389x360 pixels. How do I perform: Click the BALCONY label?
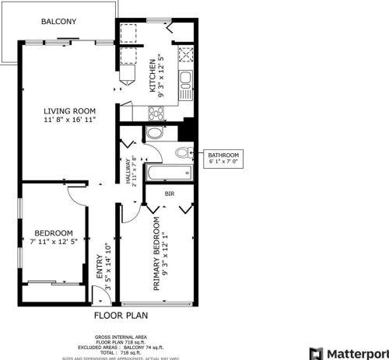(58, 22)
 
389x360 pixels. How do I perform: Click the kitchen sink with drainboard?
(187, 78)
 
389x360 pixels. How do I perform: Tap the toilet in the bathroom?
(183, 152)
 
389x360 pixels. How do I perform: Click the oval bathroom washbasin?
(154, 133)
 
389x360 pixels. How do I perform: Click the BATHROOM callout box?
(224, 159)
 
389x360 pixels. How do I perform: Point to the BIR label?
(170, 194)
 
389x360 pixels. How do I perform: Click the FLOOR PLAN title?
(121, 316)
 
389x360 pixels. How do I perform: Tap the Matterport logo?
(348, 351)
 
